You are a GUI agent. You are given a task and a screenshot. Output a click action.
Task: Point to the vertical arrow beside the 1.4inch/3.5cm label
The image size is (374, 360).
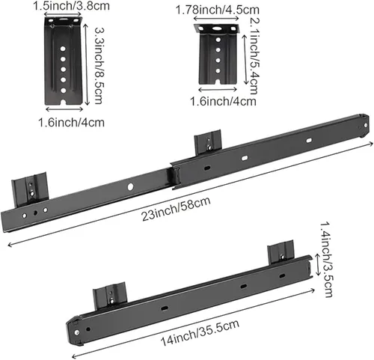tap(317, 264)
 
